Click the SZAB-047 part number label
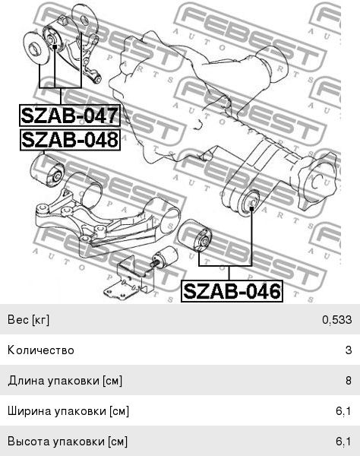point(70,116)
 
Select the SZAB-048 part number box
point(70,140)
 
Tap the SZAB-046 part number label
point(232,291)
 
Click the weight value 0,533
point(336,320)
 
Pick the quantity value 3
point(349,350)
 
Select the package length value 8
point(349,381)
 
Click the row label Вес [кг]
point(28,320)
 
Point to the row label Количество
point(41,350)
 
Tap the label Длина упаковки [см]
point(65,381)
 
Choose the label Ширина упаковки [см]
point(68,411)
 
